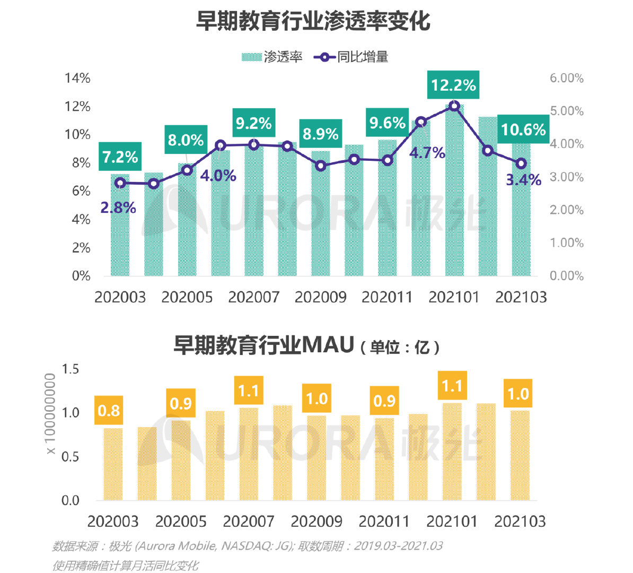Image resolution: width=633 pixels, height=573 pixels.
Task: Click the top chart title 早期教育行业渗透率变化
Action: [x=313, y=21]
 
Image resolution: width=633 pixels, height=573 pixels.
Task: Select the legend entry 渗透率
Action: [x=272, y=57]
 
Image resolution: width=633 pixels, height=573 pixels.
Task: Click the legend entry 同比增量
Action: [x=351, y=57]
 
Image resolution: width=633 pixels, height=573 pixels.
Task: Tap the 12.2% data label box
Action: [x=453, y=85]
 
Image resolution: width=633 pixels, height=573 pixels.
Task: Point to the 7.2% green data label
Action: [x=120, y=157]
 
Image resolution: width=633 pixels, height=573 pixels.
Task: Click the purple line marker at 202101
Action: [x=454, y=106]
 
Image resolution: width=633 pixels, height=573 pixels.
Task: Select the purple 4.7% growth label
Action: [x=427, y=153]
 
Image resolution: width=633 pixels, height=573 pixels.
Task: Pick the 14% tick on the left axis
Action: [x=77, y=78]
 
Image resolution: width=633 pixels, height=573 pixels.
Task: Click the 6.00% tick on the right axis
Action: [x=566, y=78]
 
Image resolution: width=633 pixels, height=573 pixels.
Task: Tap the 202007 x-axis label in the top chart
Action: [x=253, y=297]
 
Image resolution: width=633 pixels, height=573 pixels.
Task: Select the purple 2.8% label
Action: [x=118, y=207]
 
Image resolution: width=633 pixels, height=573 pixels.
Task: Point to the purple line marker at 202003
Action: [x=120, y=183]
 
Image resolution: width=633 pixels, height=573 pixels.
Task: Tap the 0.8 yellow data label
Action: [x=109, y=411]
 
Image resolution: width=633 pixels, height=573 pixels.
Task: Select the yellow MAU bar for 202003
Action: [x=113, y=464]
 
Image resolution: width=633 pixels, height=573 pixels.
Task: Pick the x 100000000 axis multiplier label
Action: [x=50, y=414]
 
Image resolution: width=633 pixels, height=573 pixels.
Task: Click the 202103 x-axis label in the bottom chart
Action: [x=520, y=522]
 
